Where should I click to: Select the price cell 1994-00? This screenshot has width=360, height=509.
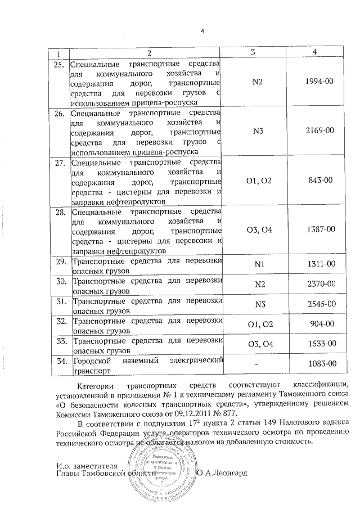[319, 81]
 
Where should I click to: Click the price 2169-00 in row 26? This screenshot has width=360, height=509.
[319, 130]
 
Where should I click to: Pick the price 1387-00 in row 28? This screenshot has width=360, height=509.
[319, 229]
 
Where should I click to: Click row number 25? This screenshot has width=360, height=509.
[58, 64]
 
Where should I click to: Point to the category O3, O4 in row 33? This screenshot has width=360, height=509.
[259, 344]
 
